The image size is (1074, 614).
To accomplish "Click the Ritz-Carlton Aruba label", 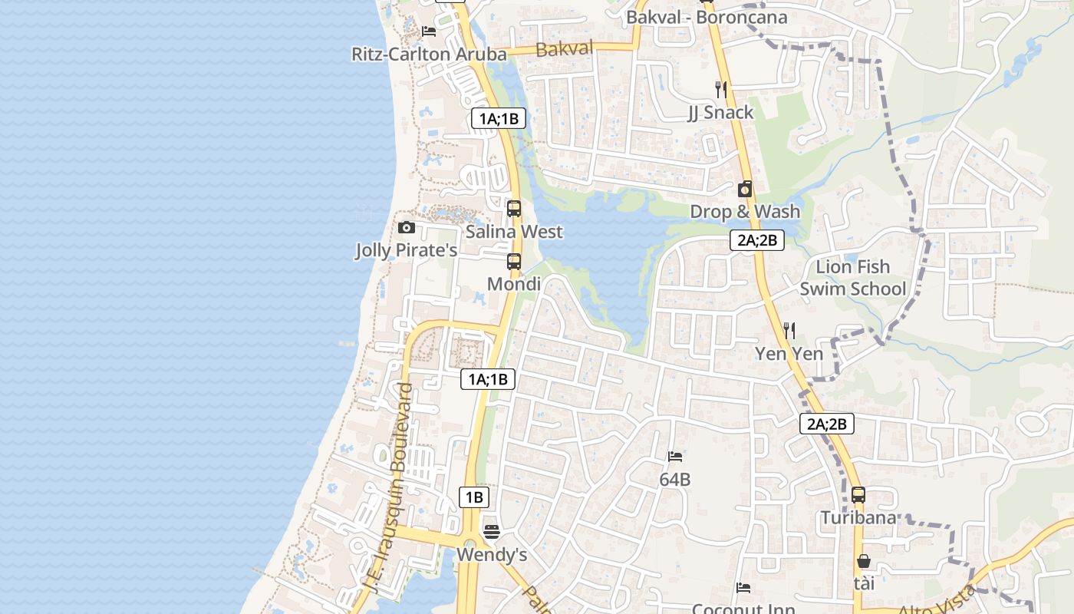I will (x=429, y=54).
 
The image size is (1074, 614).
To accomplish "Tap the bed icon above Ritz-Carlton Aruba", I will (x=429, y=31).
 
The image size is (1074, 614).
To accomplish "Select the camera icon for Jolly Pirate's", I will (x=407, y=227).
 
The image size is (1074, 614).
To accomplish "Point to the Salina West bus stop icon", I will (x=514, y=208).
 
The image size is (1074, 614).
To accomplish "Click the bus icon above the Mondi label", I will (x=514, y=261).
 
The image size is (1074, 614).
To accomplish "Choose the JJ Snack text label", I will (x=720, y=112).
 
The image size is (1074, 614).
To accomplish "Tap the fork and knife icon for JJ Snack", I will (x=720, y=89).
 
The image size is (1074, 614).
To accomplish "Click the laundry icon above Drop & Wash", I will (x=745, y=189).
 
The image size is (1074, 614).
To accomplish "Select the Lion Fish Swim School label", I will (x=853, y=278).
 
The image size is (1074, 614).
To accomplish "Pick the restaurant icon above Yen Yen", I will (x=789, y=331).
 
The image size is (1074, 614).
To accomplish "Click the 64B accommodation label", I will (x=675, y=480).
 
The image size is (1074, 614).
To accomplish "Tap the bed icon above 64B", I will (x=675, y=457).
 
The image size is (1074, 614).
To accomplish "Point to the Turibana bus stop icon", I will (x=858, y=495).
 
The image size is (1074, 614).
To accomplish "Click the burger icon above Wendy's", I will (x=492, y=531).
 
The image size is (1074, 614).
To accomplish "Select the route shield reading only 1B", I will (x=474, y=497).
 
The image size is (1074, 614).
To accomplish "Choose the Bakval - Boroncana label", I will (x=707, y=17).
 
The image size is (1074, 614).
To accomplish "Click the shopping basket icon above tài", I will (x=864, y=561).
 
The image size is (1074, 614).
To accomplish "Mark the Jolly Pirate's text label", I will (x=406, y=250).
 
